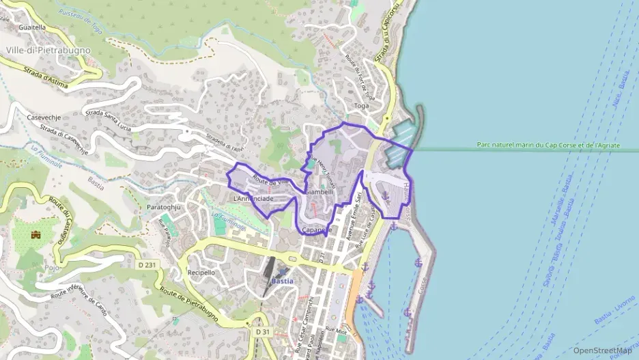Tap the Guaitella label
coord(33,27)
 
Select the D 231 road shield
coord(147,264)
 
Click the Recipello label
coord(201,273)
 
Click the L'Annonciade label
coord(253,199)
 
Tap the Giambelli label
coord(319,193)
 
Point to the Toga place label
coord(362,106)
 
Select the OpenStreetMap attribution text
coord(601,350)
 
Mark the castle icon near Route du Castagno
coord(35,234)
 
